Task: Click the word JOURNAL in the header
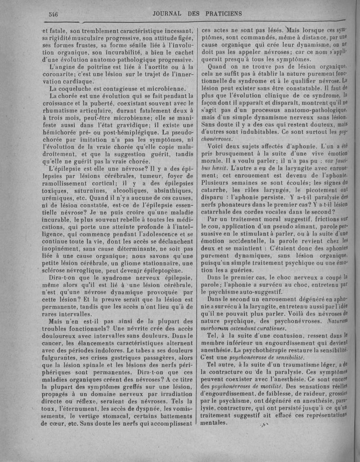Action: coord(171,14)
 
